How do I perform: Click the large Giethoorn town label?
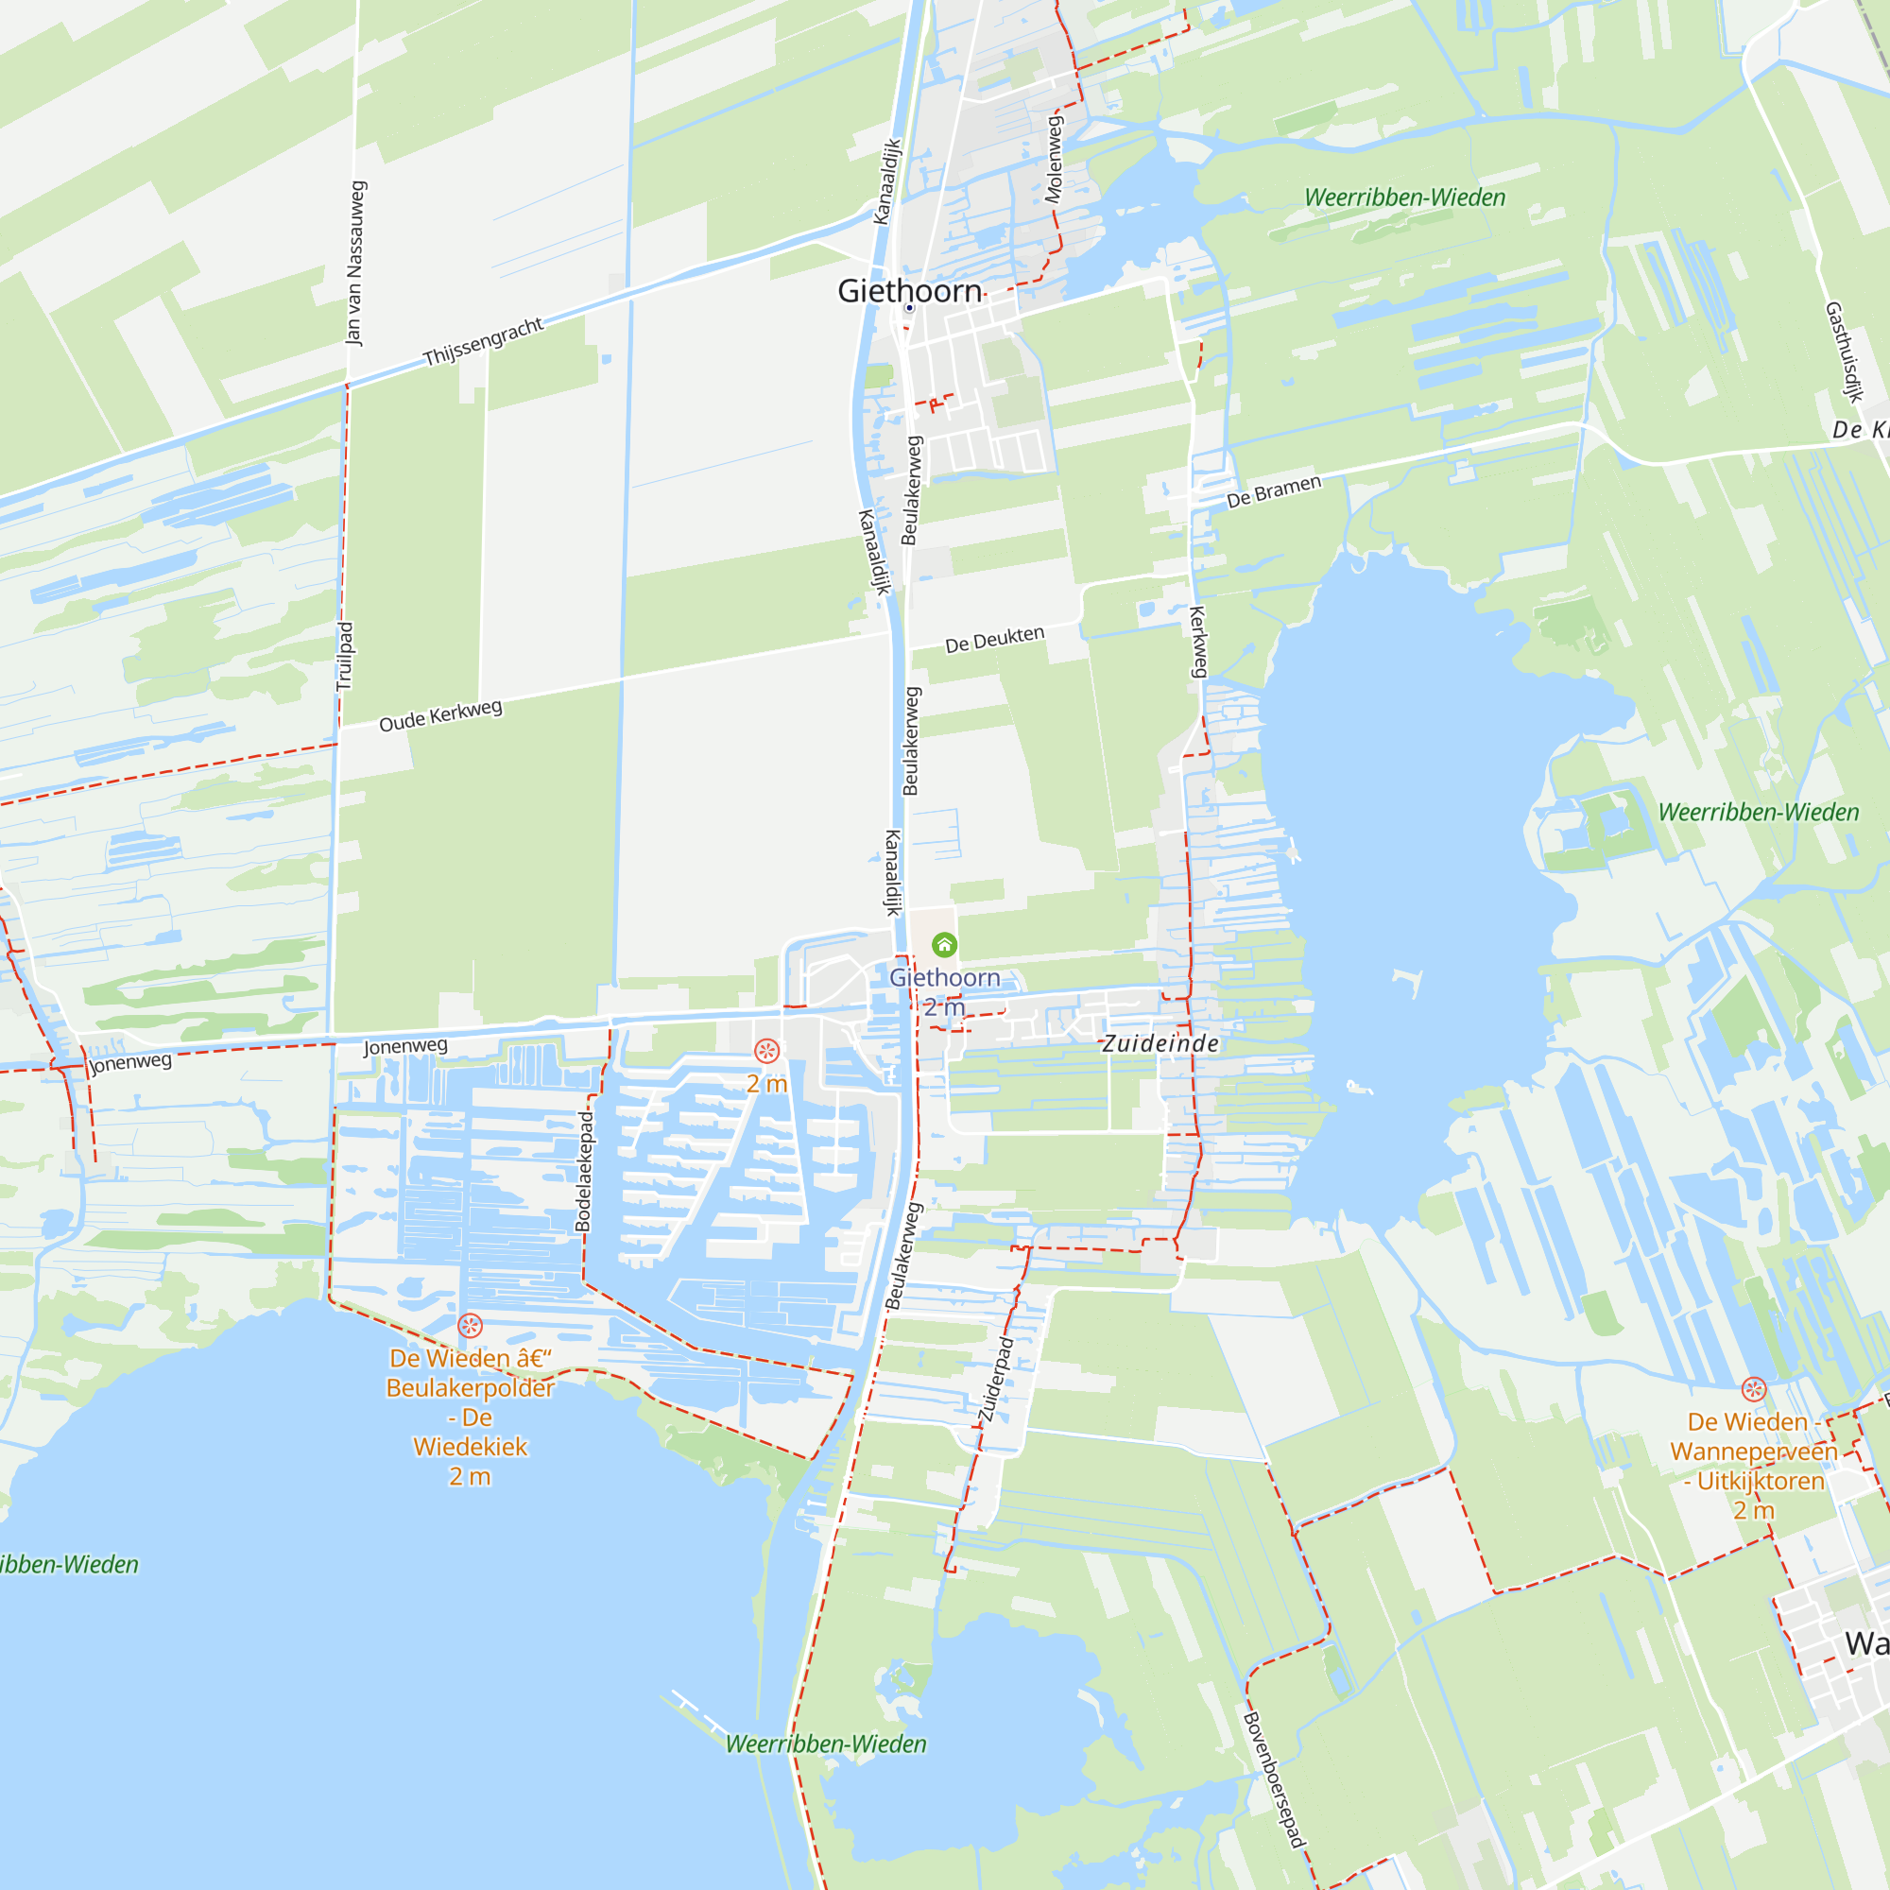coord(909,290)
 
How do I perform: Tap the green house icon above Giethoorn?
coord(944,944)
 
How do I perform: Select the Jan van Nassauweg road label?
coord(356,262)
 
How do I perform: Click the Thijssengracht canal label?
coord(483,341)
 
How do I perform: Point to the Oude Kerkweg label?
coord(440,715)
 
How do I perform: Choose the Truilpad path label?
coord(344,657)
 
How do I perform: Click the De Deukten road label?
coord(994,639)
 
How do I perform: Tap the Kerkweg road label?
coord(1198,642)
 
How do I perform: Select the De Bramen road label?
coord(1274,491)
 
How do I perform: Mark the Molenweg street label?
coord(1054,160)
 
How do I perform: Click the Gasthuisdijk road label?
coord(1843,352)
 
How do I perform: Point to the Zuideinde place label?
coord(1160,1044)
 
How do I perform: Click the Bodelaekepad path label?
coord(584,1171)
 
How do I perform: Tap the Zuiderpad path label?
coord(994,1380)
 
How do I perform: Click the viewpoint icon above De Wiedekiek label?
coord(470,1326)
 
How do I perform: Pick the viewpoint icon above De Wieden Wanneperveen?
coord(1754,1389)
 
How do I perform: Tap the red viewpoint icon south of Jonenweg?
coord(767,1051)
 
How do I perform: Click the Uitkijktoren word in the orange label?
coord(1761,1481)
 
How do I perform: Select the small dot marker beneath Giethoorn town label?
coord(909,308)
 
